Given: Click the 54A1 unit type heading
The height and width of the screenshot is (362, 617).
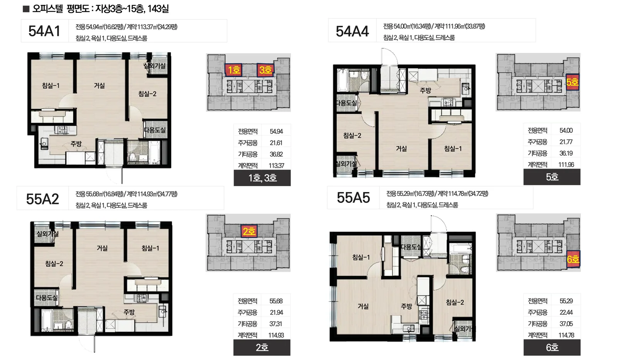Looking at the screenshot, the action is click(x=44, y=31).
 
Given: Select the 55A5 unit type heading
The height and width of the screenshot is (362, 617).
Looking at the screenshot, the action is click(x=353, y=198).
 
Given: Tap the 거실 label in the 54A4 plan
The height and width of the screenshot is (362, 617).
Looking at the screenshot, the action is click(x=401, y=149).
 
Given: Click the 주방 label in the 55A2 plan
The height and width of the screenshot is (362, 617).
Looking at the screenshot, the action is click(x=129, y=312).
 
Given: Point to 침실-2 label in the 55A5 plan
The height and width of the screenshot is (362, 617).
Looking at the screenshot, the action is click(x=455, y=302).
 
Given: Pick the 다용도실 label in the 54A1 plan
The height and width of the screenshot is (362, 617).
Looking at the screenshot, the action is click(x=155, y=130).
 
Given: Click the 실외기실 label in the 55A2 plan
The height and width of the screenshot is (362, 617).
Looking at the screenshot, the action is click(x=48, y=234).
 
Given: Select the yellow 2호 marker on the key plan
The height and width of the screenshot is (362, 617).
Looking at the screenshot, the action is click(x=249, y=231).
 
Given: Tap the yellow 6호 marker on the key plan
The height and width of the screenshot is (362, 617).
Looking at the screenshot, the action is click(x=573, y=259).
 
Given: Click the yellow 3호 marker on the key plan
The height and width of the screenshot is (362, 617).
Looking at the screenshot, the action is click(x=265, y=70).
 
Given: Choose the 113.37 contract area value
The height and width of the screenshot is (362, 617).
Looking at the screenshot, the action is click(x=276, y=166).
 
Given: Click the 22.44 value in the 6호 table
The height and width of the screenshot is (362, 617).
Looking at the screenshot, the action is click(x=566, y=312).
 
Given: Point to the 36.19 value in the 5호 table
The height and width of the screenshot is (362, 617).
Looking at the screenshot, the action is click(x=566, y=153).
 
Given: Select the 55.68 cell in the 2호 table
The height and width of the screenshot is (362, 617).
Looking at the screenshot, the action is click(x=276, y=301).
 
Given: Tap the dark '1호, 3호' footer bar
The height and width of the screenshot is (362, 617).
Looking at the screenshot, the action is click(x=262, y=178).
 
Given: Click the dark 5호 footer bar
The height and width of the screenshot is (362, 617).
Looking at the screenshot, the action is click(x=552, y=177).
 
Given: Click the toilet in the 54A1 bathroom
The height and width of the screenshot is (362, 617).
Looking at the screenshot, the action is click(x=133, y=156).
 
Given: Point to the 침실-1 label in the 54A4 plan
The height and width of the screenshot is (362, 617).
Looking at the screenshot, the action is click(x=453, y=149).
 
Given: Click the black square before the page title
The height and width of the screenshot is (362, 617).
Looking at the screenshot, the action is click(x=26, y=9).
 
